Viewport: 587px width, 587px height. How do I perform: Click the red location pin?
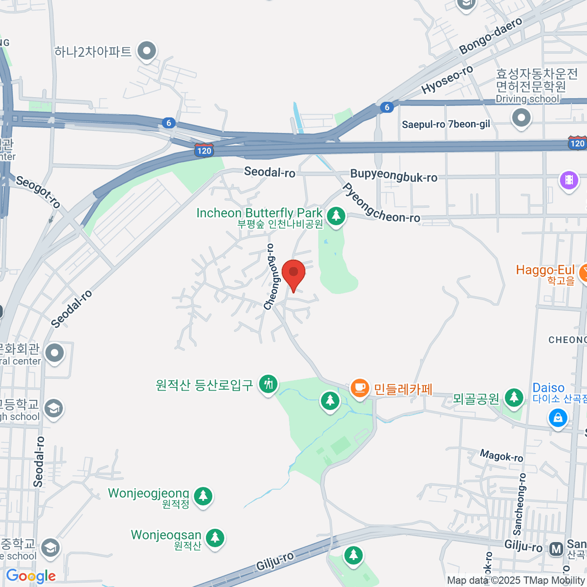pyautogui.click(x=293, y=272)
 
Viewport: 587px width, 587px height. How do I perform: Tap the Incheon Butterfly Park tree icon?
pyautogui.click(x=336, y=216)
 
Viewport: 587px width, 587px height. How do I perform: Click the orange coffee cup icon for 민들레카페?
pyautogui.click(x=360, y=388)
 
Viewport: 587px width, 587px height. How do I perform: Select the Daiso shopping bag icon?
pyautogui.click(x=558, y=417)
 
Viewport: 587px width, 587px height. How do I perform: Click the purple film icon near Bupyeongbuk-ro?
pyautogui.click(x=568, y=180)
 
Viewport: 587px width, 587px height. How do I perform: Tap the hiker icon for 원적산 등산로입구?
pyautogui.click(x=268, y=384)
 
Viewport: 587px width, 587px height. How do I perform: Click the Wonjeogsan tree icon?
pyautogui.click(x=215, y=538)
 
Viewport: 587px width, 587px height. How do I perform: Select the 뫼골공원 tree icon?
pyautogui.click(x=514, y=397)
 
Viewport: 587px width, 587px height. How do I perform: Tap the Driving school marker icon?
pyautogui.click(x=521, y=117)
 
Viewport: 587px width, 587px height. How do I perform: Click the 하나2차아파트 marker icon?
pyautogui.click(x=146, y=50)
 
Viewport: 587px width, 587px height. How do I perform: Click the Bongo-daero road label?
pyautogui.click(x=490, y=36)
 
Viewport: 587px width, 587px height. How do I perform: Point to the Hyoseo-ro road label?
pyautogui.click(x=447, y=79)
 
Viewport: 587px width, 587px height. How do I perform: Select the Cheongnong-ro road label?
pyautogui.click(x=270, y=277)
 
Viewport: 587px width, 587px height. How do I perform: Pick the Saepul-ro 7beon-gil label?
pyautogui.click(x=446, y=124)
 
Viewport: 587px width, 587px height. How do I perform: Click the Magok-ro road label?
pyautogui.click(x=501, y=456)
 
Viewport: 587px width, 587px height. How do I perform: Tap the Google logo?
pyautogui.click(x=31, y=576)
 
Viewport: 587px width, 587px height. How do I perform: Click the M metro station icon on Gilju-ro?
pyautogui.click(x=556, y=549)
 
